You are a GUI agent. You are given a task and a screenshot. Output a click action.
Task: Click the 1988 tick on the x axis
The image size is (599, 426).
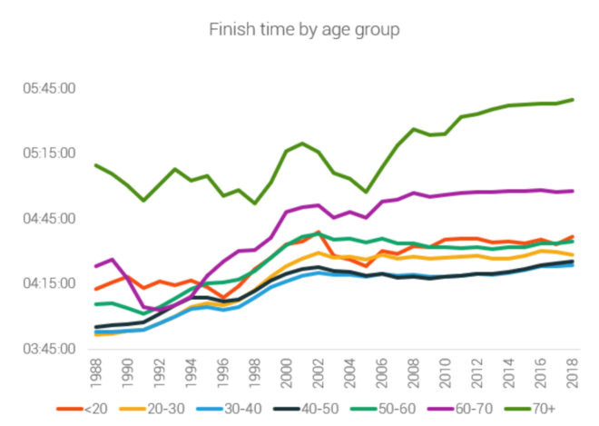(95, 372)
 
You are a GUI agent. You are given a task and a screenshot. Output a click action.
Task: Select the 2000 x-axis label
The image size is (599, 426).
(286, 372)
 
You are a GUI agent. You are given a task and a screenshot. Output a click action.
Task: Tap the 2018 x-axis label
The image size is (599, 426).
(573, 372)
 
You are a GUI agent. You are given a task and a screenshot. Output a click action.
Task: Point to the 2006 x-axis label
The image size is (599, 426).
(381, 372)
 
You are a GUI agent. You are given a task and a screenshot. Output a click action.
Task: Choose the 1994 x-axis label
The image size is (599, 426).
(191, 372)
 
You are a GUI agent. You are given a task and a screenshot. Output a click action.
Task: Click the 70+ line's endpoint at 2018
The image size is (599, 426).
(573, 99)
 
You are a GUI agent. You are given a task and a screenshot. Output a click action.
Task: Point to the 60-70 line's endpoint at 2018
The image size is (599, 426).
(573, 191)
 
